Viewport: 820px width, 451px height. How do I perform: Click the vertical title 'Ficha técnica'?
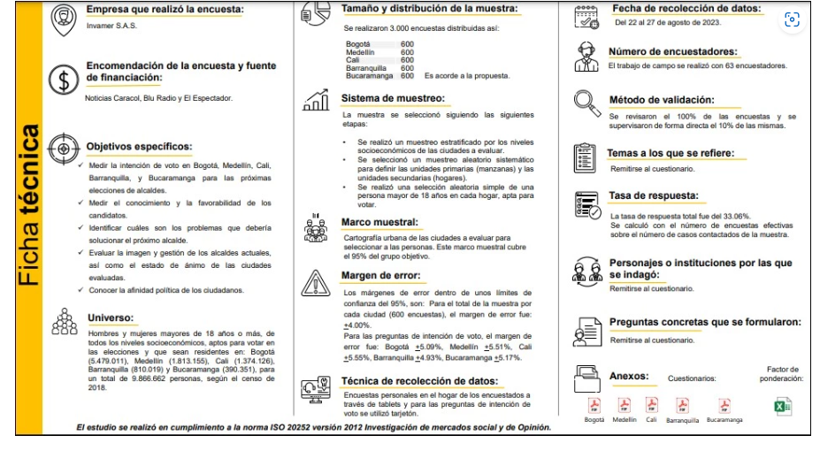[30, 205]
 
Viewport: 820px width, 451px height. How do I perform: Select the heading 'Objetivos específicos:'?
[139, 146]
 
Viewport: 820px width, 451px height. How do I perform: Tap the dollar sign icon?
[63, 80]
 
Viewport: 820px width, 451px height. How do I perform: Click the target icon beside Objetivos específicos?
[63, 146]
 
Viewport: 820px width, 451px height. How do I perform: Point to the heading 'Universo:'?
[111, 317]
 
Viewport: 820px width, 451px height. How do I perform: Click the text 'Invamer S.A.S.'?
[106, 26]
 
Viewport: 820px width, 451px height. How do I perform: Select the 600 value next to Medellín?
[407, 51]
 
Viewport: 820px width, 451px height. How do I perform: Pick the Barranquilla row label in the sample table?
[366, 67]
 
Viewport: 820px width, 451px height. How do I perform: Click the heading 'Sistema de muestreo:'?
[393, 98]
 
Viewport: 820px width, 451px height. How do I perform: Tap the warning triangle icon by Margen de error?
[315, 282]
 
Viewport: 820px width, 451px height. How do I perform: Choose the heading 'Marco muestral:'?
[381, 222]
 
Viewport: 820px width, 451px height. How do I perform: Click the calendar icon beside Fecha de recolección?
[587, 14]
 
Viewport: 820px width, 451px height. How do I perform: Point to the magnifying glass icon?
[586, 103]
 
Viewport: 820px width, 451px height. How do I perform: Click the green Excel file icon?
[783, 406]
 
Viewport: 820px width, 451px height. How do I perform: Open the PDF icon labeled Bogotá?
[595, 405]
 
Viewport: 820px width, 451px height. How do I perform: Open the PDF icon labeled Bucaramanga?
[724, 405]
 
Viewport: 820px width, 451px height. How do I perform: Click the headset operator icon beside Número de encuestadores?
[587, 57]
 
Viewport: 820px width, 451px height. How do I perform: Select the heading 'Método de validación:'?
[661, 100]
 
